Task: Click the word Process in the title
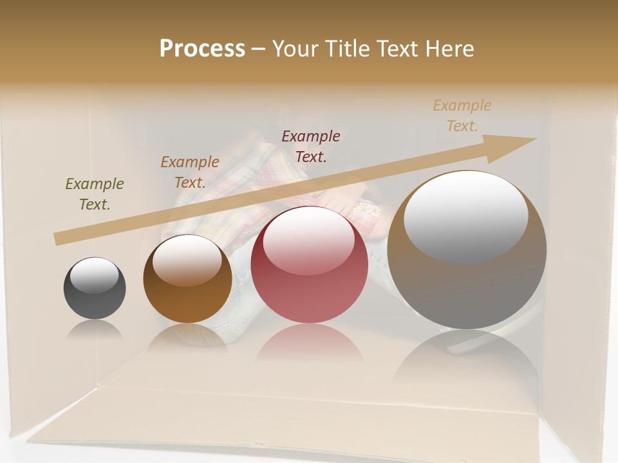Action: click(202, 49)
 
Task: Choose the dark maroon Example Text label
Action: click(311, 146)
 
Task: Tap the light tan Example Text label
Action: click(462, 116)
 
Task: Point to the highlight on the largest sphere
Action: click(465, 215)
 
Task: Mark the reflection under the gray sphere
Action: click(95, 330)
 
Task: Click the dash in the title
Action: click(258, 49)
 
